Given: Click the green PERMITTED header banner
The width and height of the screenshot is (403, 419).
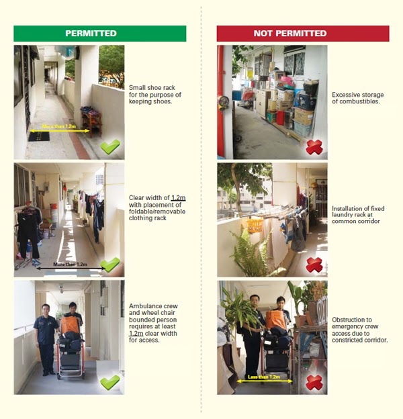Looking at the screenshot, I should pyautogui.click(x=99, y=34).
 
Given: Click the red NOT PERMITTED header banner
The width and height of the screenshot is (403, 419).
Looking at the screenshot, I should pyautogui.click(x=302, y=34).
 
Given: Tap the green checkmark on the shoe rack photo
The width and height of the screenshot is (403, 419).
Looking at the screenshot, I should pyautogui.click(x=110, y=145).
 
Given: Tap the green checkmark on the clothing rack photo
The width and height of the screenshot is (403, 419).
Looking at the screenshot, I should pyautogui.click(x=110, y=264).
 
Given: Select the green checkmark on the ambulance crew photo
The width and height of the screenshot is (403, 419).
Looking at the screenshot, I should pyautogui.click(x=110, y=383).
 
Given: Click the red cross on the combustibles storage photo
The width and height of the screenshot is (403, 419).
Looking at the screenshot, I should pyautogui.click(x=314, y=147).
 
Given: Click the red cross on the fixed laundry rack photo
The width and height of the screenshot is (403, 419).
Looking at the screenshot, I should pyautogui.click(x=314, y=265).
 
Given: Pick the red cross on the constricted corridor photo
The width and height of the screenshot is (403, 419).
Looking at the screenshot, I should pyautogui.click(x=314, y=382).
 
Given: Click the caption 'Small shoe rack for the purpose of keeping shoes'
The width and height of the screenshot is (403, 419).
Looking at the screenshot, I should pyautogui.click(x=154, y=94).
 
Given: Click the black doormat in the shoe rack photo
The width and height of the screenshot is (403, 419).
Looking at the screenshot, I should pyautogui.click(x=39, y=136).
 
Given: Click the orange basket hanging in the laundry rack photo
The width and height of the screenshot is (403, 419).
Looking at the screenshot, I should pyautogui.click(x=255, y=224).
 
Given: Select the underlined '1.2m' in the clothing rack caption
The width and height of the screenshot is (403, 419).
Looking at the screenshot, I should pyautogui.click(x=178, y=198).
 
